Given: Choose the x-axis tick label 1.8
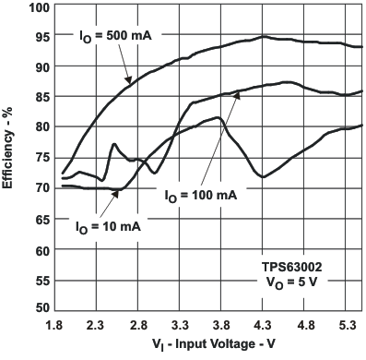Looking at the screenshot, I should coord(52,326).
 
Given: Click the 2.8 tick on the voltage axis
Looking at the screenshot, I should coord(138,326).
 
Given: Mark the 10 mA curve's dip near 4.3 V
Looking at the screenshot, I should coord(264,176).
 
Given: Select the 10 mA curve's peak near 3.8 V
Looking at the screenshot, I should coord(219,117).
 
